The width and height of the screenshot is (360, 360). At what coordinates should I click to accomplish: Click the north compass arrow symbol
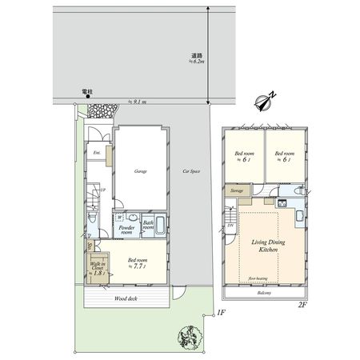(264, 102)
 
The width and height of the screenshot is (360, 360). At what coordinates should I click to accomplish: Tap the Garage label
(141, 171)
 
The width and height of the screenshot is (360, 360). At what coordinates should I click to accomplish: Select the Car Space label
(191, 171)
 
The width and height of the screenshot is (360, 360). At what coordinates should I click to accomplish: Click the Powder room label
(126, 230)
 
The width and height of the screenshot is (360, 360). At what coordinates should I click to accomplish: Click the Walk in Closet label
(98, 268)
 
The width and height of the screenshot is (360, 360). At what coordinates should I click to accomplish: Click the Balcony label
(264, 293)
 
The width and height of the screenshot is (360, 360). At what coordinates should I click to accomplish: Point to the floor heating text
(258, 278)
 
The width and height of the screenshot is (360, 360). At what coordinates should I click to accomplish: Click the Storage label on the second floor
(238, 191)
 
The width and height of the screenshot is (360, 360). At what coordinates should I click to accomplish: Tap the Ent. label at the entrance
(96, 152)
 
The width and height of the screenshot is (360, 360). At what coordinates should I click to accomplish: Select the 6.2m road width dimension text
(198, 59)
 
